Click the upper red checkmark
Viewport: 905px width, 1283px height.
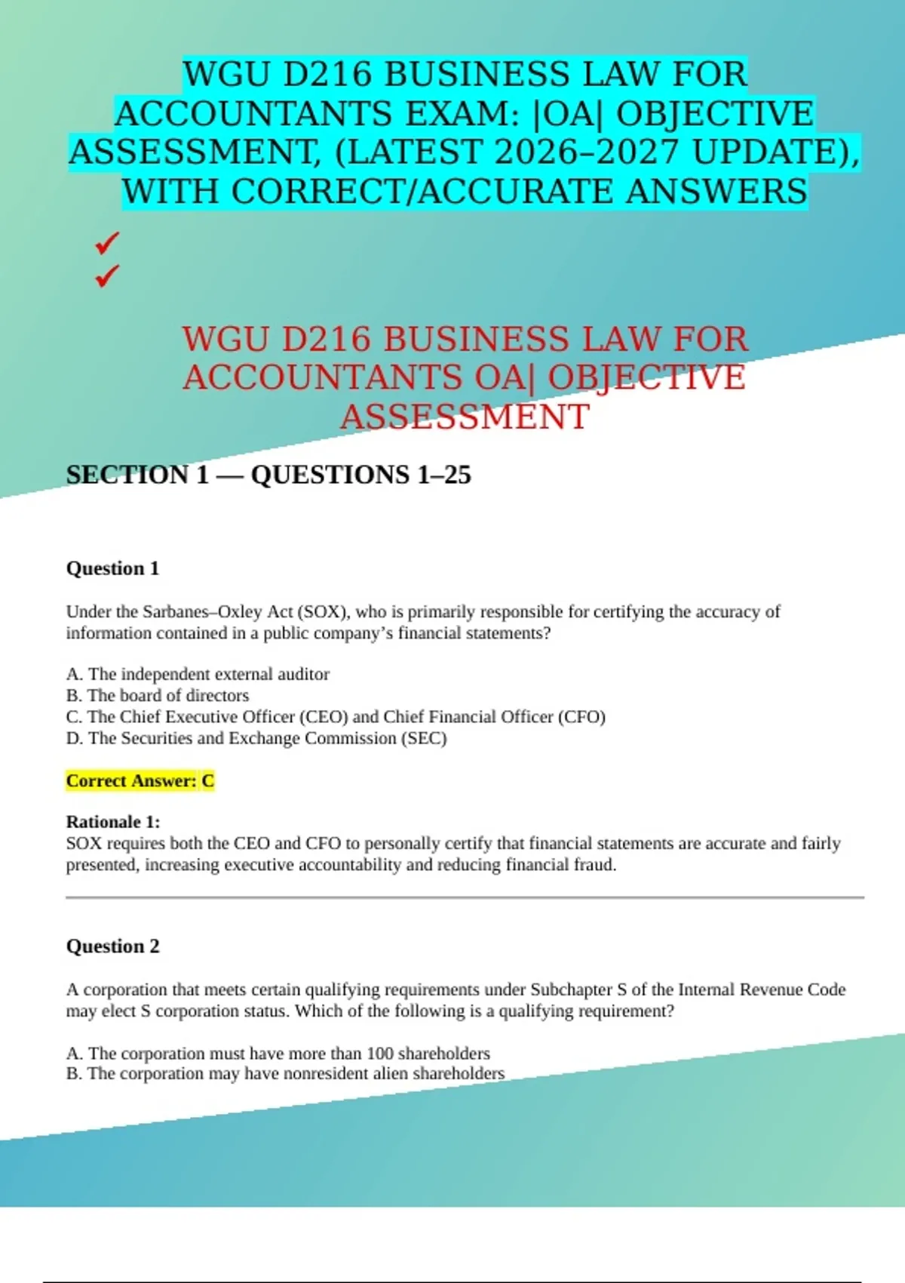tap(107, 243)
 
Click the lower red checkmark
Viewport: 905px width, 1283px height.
tap(107, 275)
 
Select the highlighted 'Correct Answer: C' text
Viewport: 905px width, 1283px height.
tap(140, 781)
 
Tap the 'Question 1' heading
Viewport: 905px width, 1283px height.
tap(112, 568)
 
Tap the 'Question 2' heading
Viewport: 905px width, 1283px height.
tap(112, 946)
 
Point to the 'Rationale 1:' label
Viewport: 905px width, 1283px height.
tap(112, 822)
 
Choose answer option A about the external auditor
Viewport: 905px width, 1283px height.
tap(198, 674)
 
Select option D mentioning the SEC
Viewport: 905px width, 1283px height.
tap(256, 738)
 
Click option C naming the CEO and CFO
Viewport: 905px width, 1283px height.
tap(336, 717)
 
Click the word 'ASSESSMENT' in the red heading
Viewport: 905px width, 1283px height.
tap(465, 417)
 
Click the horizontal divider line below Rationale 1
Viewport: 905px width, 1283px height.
tap(465, 898)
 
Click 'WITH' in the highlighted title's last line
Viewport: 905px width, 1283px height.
tap(172, 192)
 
